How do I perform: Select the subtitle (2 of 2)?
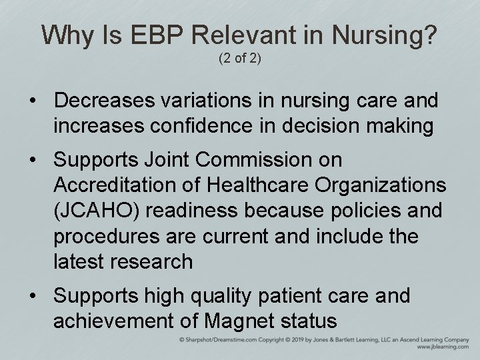[239, 59]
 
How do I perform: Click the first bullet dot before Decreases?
[32, 101]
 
